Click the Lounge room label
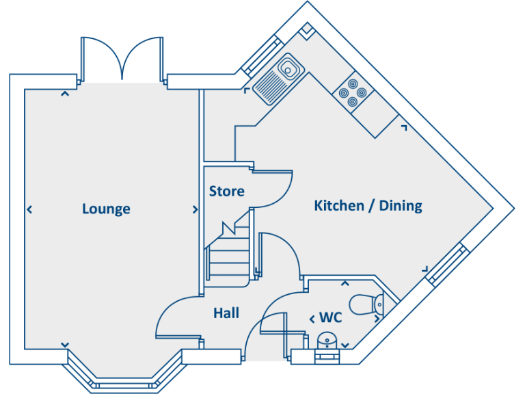[x=106, y=209]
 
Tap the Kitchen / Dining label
[x=368, y=205]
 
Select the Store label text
[x=226, y=192]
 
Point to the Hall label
[x=226, y=313]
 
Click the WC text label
[x=330, y=318]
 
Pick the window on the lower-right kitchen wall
[x=447, y=263]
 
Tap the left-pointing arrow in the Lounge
[x=29, y=209]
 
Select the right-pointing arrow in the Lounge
[x=195, y=209]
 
